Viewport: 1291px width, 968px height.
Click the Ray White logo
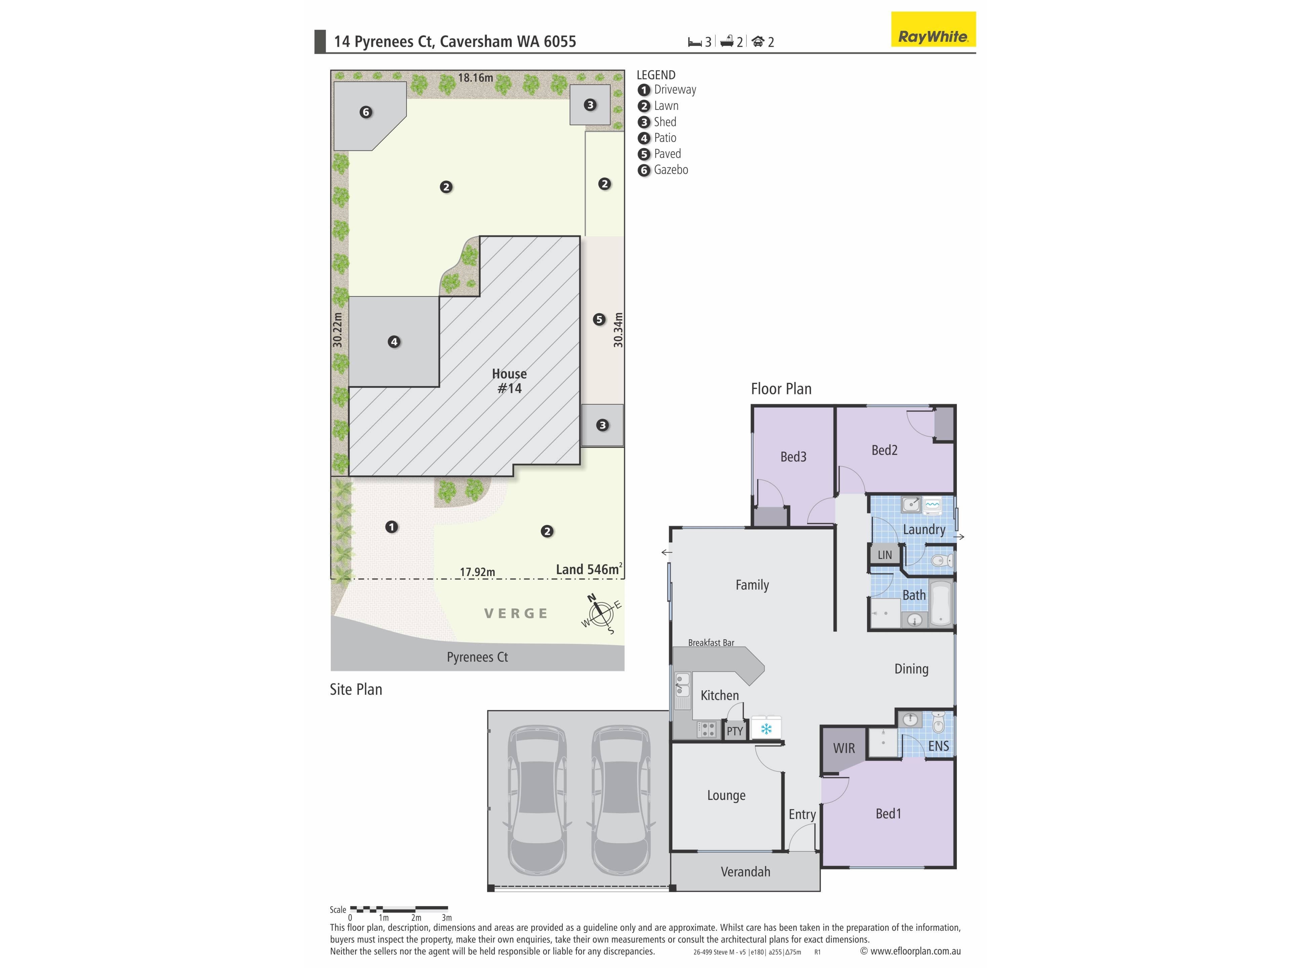pos(933,29)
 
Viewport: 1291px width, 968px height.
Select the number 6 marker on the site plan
pos(366,112)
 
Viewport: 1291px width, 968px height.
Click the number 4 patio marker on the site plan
pos(394,342)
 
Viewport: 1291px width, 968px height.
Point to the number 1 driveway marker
pos(392,527)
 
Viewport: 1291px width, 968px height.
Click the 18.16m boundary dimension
pos(475,78)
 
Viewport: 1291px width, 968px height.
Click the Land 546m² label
pos(589,569)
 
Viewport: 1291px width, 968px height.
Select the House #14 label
pos(510,381)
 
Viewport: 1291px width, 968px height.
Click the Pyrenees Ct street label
pos(477,657)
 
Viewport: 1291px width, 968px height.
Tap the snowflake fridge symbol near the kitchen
pos(766,728)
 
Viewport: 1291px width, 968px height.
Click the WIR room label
pos(844,748)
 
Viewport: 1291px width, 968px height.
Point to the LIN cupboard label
pos(885,555)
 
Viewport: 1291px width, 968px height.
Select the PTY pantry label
pos(735,731)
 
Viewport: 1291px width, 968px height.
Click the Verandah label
pos(745,872)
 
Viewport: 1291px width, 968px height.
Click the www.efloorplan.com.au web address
pos(915,951)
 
